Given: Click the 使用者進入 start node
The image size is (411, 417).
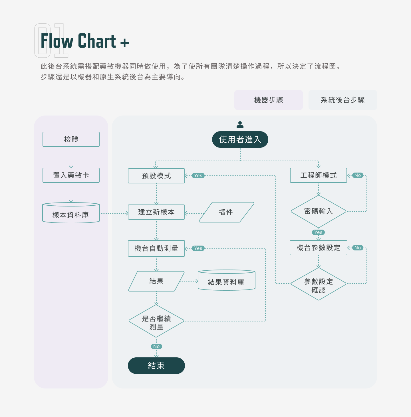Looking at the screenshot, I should coord(240,139).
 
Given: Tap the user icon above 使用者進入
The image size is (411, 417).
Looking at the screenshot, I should coord(240,125).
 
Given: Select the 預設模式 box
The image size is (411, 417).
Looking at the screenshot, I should coord(156,176).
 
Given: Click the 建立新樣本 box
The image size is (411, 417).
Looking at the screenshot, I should coord(156,212).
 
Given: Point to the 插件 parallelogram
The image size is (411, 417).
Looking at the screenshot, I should coord(226,212).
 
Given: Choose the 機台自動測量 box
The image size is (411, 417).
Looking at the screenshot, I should coord(156,248).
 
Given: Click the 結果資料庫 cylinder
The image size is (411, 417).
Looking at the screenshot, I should coord(226,281).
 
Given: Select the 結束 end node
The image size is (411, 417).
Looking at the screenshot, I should coord(156,366).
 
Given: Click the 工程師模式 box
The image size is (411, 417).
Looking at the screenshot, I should coord(319,175).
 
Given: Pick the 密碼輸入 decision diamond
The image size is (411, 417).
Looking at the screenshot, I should coord(319,211).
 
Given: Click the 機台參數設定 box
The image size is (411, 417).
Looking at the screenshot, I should coord(319,248).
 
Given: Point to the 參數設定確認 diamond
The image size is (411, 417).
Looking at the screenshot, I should coord(319,284).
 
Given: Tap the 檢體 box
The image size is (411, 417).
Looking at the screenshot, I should coord(71,139).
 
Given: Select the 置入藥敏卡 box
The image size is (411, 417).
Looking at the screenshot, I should coord(71,175).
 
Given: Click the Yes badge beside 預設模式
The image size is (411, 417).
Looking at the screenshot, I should coord(198,176).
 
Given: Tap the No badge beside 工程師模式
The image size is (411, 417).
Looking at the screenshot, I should coord(358,175).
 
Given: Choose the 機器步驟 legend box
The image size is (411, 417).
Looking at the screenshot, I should coord(268,100).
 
